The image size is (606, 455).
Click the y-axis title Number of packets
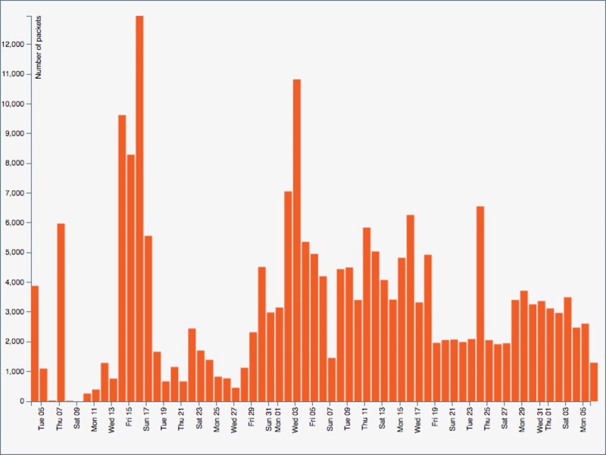click(39, 47)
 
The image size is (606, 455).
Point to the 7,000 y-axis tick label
click(15, 193)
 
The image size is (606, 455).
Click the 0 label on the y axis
click(23, 401)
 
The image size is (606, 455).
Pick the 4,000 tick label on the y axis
click(15, 282)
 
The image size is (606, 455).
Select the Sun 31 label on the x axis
click(270, 418)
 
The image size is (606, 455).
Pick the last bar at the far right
click(594, 382)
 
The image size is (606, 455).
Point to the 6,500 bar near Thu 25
click(480, 304)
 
